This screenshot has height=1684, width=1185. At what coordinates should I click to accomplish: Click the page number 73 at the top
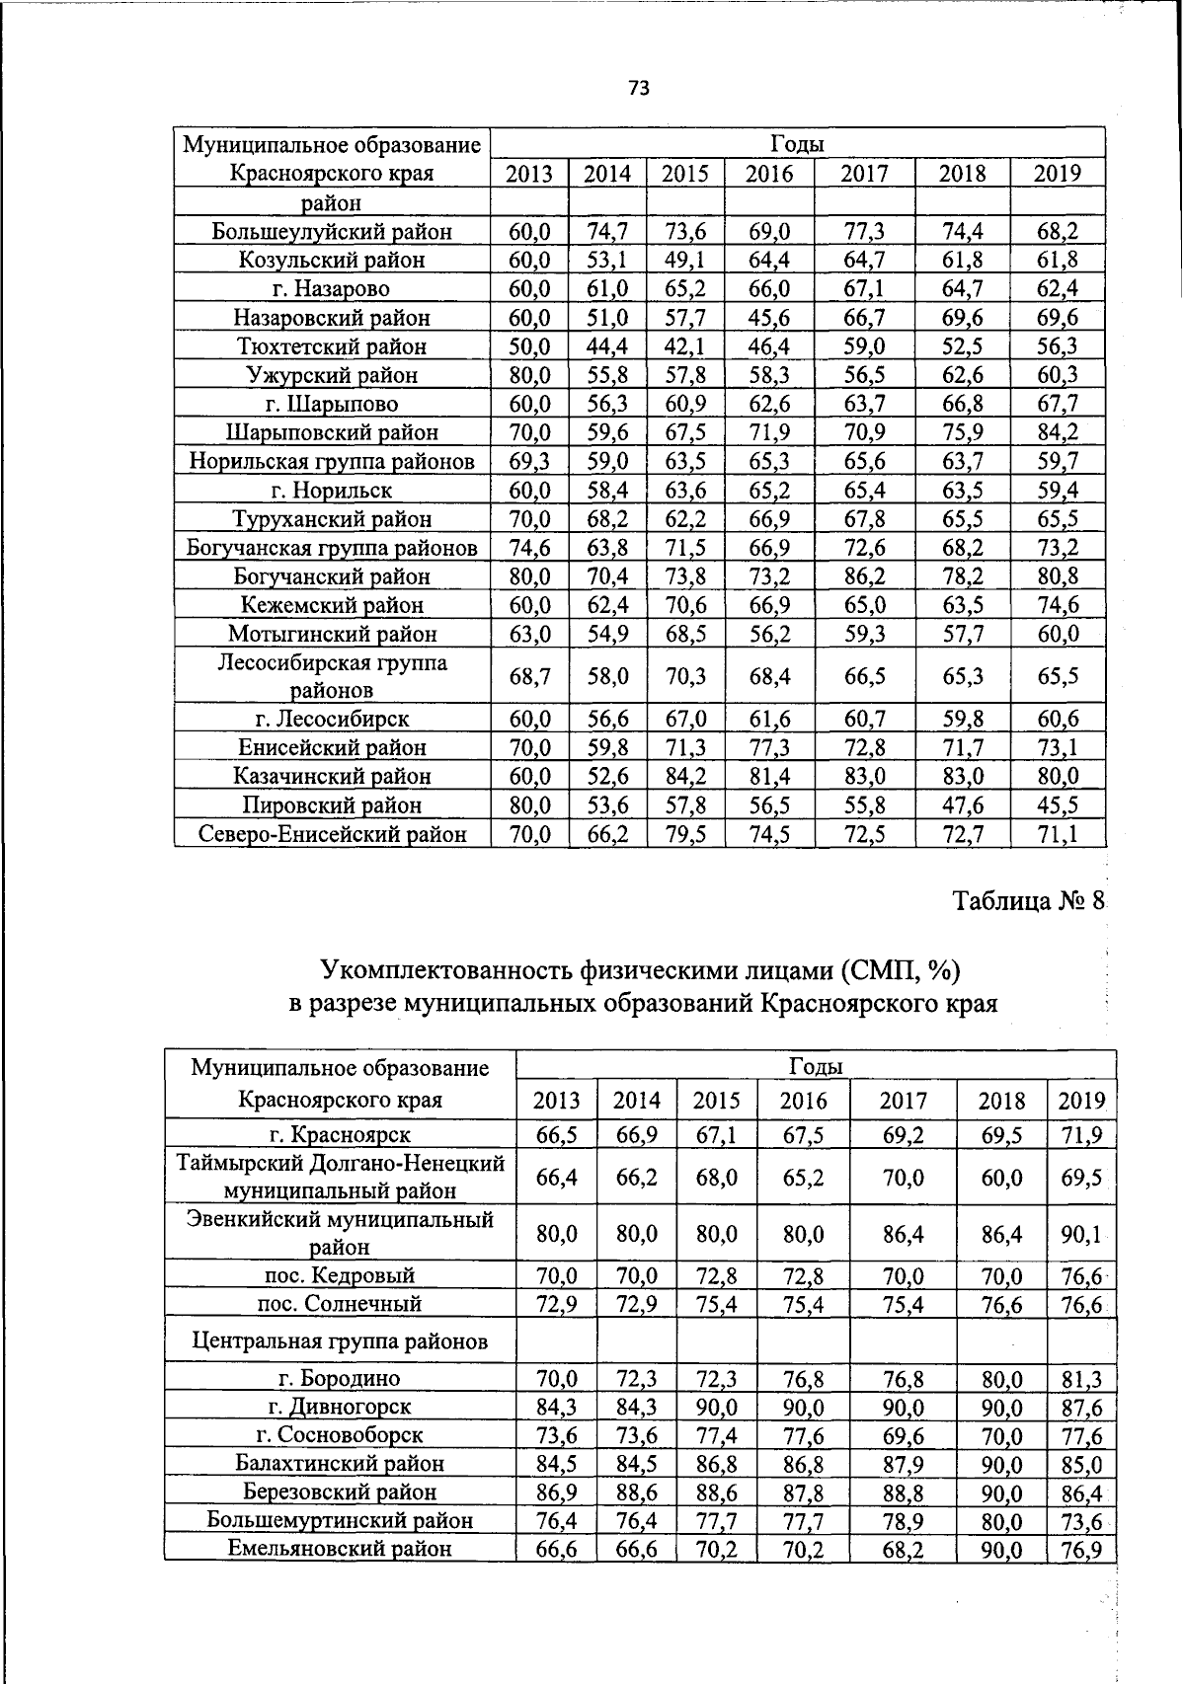pos(638,88)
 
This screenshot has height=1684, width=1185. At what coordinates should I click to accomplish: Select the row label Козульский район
pos(332,261)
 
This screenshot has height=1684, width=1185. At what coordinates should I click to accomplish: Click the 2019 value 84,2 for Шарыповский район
pos(1057,432)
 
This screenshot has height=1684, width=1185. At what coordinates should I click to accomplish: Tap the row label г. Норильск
pos(332,491)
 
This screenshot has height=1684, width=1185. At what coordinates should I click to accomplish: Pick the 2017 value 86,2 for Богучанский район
pos(864,576)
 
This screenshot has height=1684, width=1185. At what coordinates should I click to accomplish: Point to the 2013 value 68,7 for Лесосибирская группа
pos(529,676)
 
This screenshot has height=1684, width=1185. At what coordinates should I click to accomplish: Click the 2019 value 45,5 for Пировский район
pos(1057,805)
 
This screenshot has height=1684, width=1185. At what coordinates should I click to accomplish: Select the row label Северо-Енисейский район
pos(332,835)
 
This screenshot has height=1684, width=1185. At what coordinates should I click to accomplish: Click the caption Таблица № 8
pos(1026,901)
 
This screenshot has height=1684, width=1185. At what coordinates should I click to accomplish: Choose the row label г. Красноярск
pos(340,1135)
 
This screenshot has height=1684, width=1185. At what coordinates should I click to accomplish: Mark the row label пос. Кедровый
pos(340,1275)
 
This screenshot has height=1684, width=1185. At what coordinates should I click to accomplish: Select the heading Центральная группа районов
pos(340,1341)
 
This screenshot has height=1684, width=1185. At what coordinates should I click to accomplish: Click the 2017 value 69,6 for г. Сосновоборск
pos(903,1435)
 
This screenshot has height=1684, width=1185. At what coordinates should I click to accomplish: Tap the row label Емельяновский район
pos(340,1549)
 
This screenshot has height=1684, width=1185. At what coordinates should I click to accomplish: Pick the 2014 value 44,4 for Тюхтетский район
pos(607,346)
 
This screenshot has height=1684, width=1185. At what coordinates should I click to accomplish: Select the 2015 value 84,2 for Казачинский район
pos(685,777)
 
